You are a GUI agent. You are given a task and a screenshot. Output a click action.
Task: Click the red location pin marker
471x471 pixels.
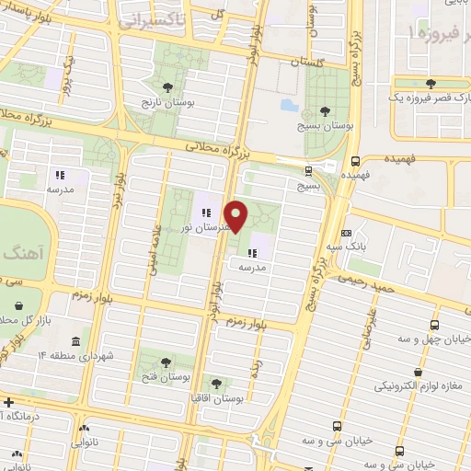(237, 216)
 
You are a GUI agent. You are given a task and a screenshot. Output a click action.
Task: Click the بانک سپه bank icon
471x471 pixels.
(346, 234)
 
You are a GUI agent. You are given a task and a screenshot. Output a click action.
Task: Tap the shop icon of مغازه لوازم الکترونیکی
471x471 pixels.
(419, 373)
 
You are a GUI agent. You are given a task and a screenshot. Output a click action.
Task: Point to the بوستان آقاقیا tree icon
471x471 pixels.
(216, 383)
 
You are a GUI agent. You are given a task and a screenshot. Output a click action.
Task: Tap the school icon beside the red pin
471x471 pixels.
(252, 251)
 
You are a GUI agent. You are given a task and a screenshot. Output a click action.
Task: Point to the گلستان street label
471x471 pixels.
(308, 61)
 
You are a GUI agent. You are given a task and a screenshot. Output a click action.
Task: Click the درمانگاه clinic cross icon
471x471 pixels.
(8, 403)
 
